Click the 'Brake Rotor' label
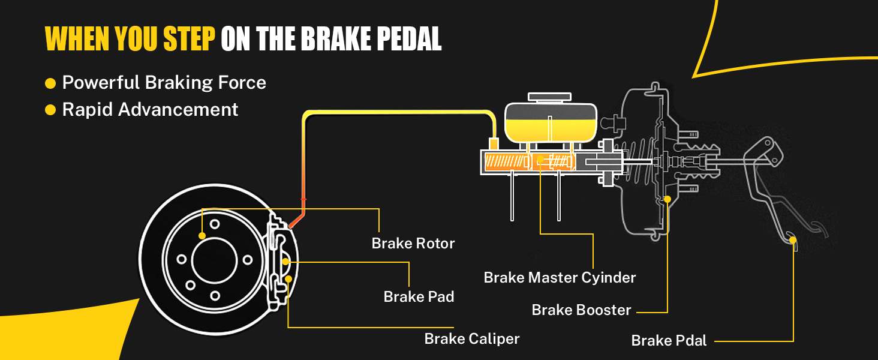pyautogui.click(x=413, y=244)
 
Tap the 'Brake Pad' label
pyautogui.click(x=419, y=296)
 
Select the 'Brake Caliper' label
pyautogui.click(x=472, y=339)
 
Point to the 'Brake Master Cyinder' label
pyautogui.click(x=560, y=278)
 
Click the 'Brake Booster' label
pyautogui.click(x=581, y=310)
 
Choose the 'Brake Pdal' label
pyautogui.click(x=669, y=340)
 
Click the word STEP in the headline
pyautogui.click(x=190, y=39)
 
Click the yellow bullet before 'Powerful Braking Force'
pyautogui.click(x=50, y=83)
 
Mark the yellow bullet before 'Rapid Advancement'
pyautogui.click(x=50, y=110)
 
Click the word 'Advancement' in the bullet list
pyautogui.click(x=178, y=109)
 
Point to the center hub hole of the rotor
pyautogui.click(x=215, y=260)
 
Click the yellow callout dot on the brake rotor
pyautogui.click(x=202, y=236)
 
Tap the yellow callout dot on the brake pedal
pyautogui.click(x=793, y=240)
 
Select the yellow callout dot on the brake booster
pyautogui.click(x=667, y=199)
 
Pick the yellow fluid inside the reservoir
pyautogui.click(x=551, y=130)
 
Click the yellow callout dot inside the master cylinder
pyautogui.click(x=540, y=159)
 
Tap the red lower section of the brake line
pyautogui.click(x=302, y=200)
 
